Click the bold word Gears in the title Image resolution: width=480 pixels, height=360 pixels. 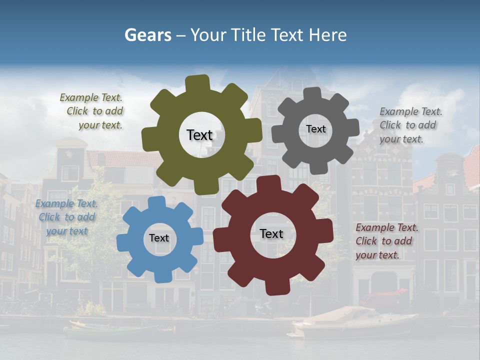(x=147, y=35)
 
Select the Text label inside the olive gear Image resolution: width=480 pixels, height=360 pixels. (x=199, y=135)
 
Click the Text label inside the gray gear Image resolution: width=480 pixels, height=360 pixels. (x=315, y=129)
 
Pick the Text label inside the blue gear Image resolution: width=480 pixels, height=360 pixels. (x=159, y=238)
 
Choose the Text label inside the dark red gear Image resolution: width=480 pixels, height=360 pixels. (x=271, y=233)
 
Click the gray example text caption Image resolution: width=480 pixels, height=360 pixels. (x=410, y=125)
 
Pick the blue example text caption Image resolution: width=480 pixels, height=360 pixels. (x=66, y=217)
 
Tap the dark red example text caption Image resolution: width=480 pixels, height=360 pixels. (x=386, y=241)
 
